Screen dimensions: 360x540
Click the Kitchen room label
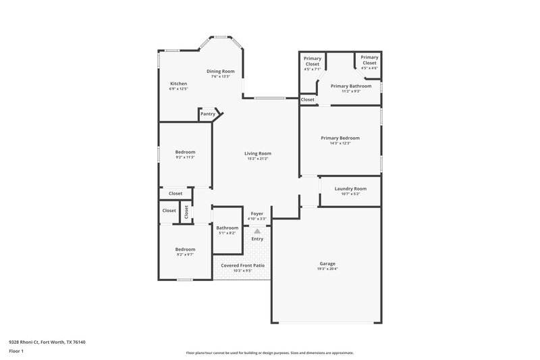178,84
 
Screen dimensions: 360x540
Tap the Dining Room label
220,71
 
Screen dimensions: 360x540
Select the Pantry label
208,114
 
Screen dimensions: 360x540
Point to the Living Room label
257,153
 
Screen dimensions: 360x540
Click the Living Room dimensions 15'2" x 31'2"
257,159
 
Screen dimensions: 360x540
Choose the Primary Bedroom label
340,138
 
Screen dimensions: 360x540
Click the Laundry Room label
351,188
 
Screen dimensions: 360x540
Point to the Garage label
327,263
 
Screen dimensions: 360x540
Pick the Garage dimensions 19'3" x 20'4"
327,269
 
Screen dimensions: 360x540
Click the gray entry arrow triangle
257,231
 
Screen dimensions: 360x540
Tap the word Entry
257,239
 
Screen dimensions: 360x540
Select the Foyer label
257,213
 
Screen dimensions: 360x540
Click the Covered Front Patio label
243,265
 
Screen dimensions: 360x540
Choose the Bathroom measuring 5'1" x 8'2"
227,228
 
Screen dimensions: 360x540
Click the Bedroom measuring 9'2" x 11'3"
186,152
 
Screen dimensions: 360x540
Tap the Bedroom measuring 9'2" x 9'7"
186,249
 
